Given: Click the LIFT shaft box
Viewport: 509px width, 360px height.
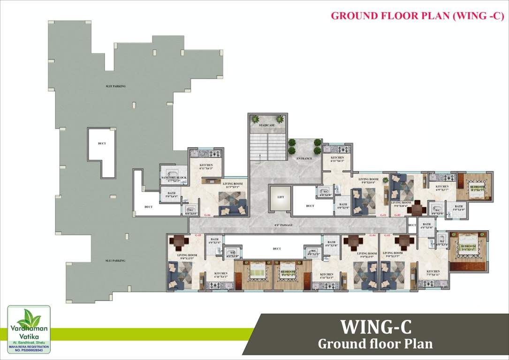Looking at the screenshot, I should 280,197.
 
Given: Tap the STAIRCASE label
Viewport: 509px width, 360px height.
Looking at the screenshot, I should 266,126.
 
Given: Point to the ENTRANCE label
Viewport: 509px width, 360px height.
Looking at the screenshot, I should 304,158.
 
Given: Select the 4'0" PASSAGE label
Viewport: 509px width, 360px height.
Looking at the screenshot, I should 283,225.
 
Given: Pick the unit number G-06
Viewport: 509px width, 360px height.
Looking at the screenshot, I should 207,215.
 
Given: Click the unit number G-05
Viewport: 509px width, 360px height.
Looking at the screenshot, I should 172,235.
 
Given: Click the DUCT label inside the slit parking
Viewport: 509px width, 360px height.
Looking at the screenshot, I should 101,143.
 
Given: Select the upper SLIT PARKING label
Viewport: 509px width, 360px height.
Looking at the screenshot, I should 115,86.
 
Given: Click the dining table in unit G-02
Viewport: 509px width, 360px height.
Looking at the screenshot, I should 415,208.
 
